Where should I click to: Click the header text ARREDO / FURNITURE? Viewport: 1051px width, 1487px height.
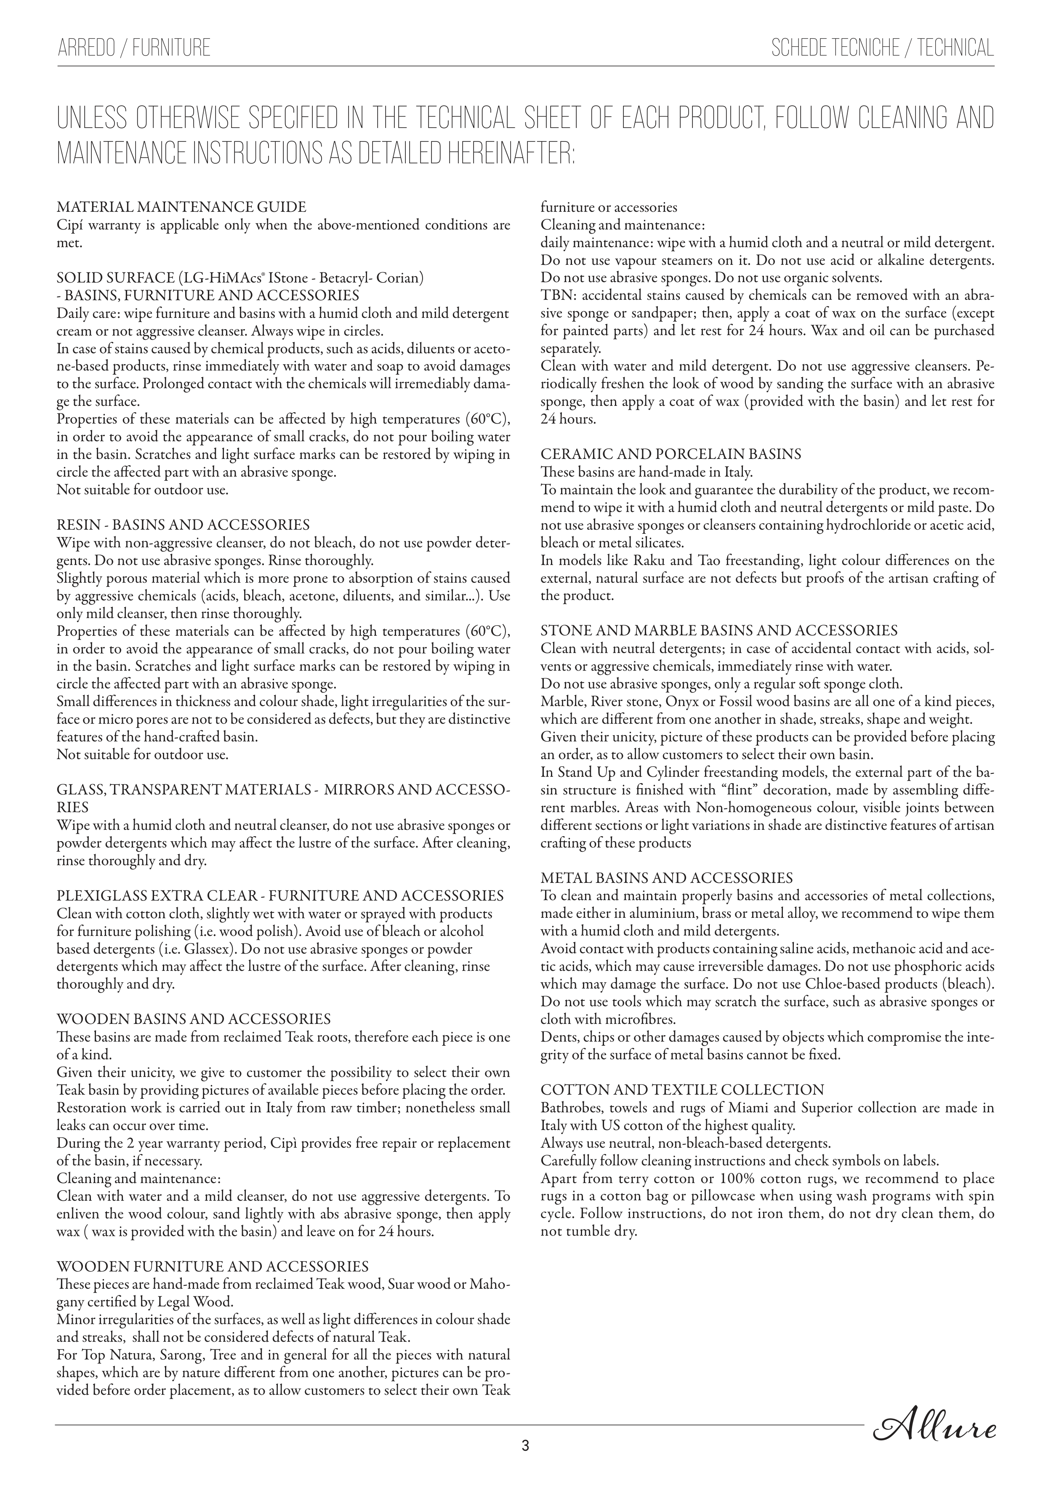[134, 48]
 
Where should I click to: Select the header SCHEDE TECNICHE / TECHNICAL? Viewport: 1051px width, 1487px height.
[882, 48]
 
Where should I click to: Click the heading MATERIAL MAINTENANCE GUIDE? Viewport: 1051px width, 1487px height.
[181, 207]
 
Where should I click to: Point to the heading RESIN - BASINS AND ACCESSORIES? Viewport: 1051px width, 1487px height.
[183, 525]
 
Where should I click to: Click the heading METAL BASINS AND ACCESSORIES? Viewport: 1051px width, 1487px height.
[666, 878]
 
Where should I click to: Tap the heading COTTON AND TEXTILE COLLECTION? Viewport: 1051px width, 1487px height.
[682, 1090]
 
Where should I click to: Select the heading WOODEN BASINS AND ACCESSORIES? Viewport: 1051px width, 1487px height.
[194, 1019]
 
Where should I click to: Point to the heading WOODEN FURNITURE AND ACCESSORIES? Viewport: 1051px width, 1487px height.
[213, 1266]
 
